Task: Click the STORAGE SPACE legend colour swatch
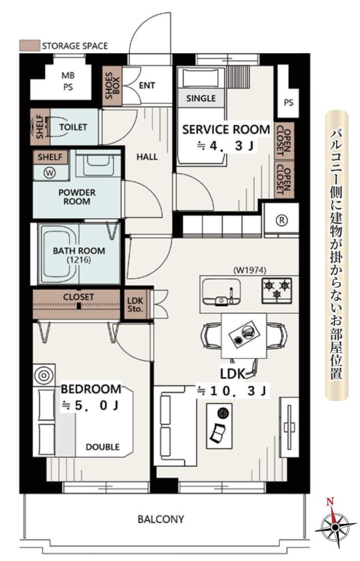point(29,45)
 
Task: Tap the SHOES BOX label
point(112,85)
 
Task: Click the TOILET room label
point(73,127)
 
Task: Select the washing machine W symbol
point(50,173)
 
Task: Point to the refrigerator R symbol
point(282,220)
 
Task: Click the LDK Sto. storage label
point(135,304)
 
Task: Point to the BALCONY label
point(161,519)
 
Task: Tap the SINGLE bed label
point(201,98)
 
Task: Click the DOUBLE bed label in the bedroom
point(102,447)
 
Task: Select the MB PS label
point(68,81)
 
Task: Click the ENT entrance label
point(147,85)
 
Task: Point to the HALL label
point(147,157)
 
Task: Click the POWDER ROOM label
point(77,197)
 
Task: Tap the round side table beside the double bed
point(44,375)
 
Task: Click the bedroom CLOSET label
point(79,297)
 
